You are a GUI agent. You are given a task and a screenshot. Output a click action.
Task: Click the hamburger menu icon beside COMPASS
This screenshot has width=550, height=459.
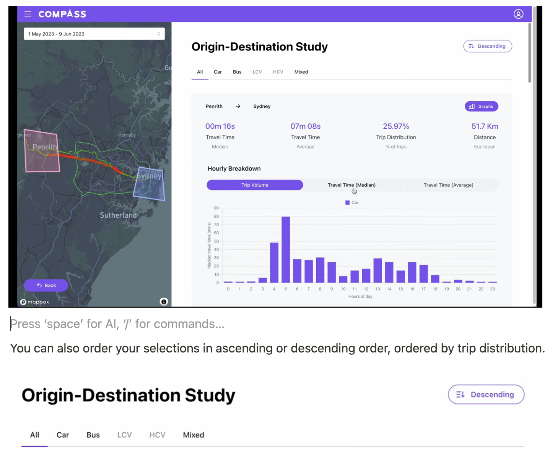(x=28, y=14)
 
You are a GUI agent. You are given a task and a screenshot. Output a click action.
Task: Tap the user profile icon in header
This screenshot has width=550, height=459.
(x=518, y=14)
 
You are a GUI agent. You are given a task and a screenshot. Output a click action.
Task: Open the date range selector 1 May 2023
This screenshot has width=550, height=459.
(x=94, y=34)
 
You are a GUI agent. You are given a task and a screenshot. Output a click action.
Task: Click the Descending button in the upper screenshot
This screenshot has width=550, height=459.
(x=487, y=46)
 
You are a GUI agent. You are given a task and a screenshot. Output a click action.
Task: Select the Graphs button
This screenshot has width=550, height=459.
(x=481, y=107)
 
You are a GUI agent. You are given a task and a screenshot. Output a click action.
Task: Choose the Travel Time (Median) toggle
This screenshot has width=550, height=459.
(x=351, y=185)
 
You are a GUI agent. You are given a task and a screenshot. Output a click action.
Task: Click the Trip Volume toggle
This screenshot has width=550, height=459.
(x=255, y=185)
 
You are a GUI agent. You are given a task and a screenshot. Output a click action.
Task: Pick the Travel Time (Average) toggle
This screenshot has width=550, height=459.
(x=448, y=185)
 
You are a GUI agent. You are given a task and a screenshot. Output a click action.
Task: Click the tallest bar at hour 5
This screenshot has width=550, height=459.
(x=286, y=250)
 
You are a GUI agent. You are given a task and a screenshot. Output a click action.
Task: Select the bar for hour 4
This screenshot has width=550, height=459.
(x=274, y=263)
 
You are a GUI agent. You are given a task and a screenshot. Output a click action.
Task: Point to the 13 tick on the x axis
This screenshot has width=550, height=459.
(x=378, y=289)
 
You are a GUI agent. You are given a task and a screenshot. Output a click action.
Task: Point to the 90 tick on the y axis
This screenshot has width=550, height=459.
(x=216, y=208)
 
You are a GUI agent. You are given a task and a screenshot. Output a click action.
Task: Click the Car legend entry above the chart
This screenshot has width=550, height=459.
(x=352, y=203)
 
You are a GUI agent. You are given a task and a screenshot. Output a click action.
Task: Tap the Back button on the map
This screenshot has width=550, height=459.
(x=46, y=285)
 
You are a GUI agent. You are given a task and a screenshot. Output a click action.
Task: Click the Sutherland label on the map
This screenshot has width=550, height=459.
(x=118, y=215)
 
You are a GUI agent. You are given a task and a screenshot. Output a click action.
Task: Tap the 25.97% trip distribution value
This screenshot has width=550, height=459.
(x=396, y=126)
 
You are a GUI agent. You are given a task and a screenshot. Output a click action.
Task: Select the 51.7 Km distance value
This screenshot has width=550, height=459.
(x=485, y=126)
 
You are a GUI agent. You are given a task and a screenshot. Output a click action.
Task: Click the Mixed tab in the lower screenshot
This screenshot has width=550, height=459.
(x=194, y=435)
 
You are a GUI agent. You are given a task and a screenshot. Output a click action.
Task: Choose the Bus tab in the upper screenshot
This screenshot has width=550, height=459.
(x=237, y=72)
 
